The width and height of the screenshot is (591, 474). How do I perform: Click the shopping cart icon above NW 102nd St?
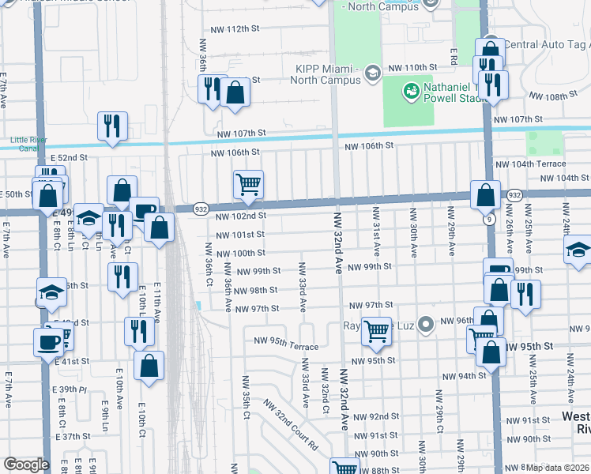(248, 186)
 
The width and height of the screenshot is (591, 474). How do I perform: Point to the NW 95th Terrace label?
(286, 346)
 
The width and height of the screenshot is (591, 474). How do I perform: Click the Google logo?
(26, 465)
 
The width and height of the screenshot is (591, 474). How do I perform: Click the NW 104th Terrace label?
(530, 164)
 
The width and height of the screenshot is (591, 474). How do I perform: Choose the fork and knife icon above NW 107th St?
(113, 125)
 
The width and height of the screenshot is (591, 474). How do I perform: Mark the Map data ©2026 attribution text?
(557, 467)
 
